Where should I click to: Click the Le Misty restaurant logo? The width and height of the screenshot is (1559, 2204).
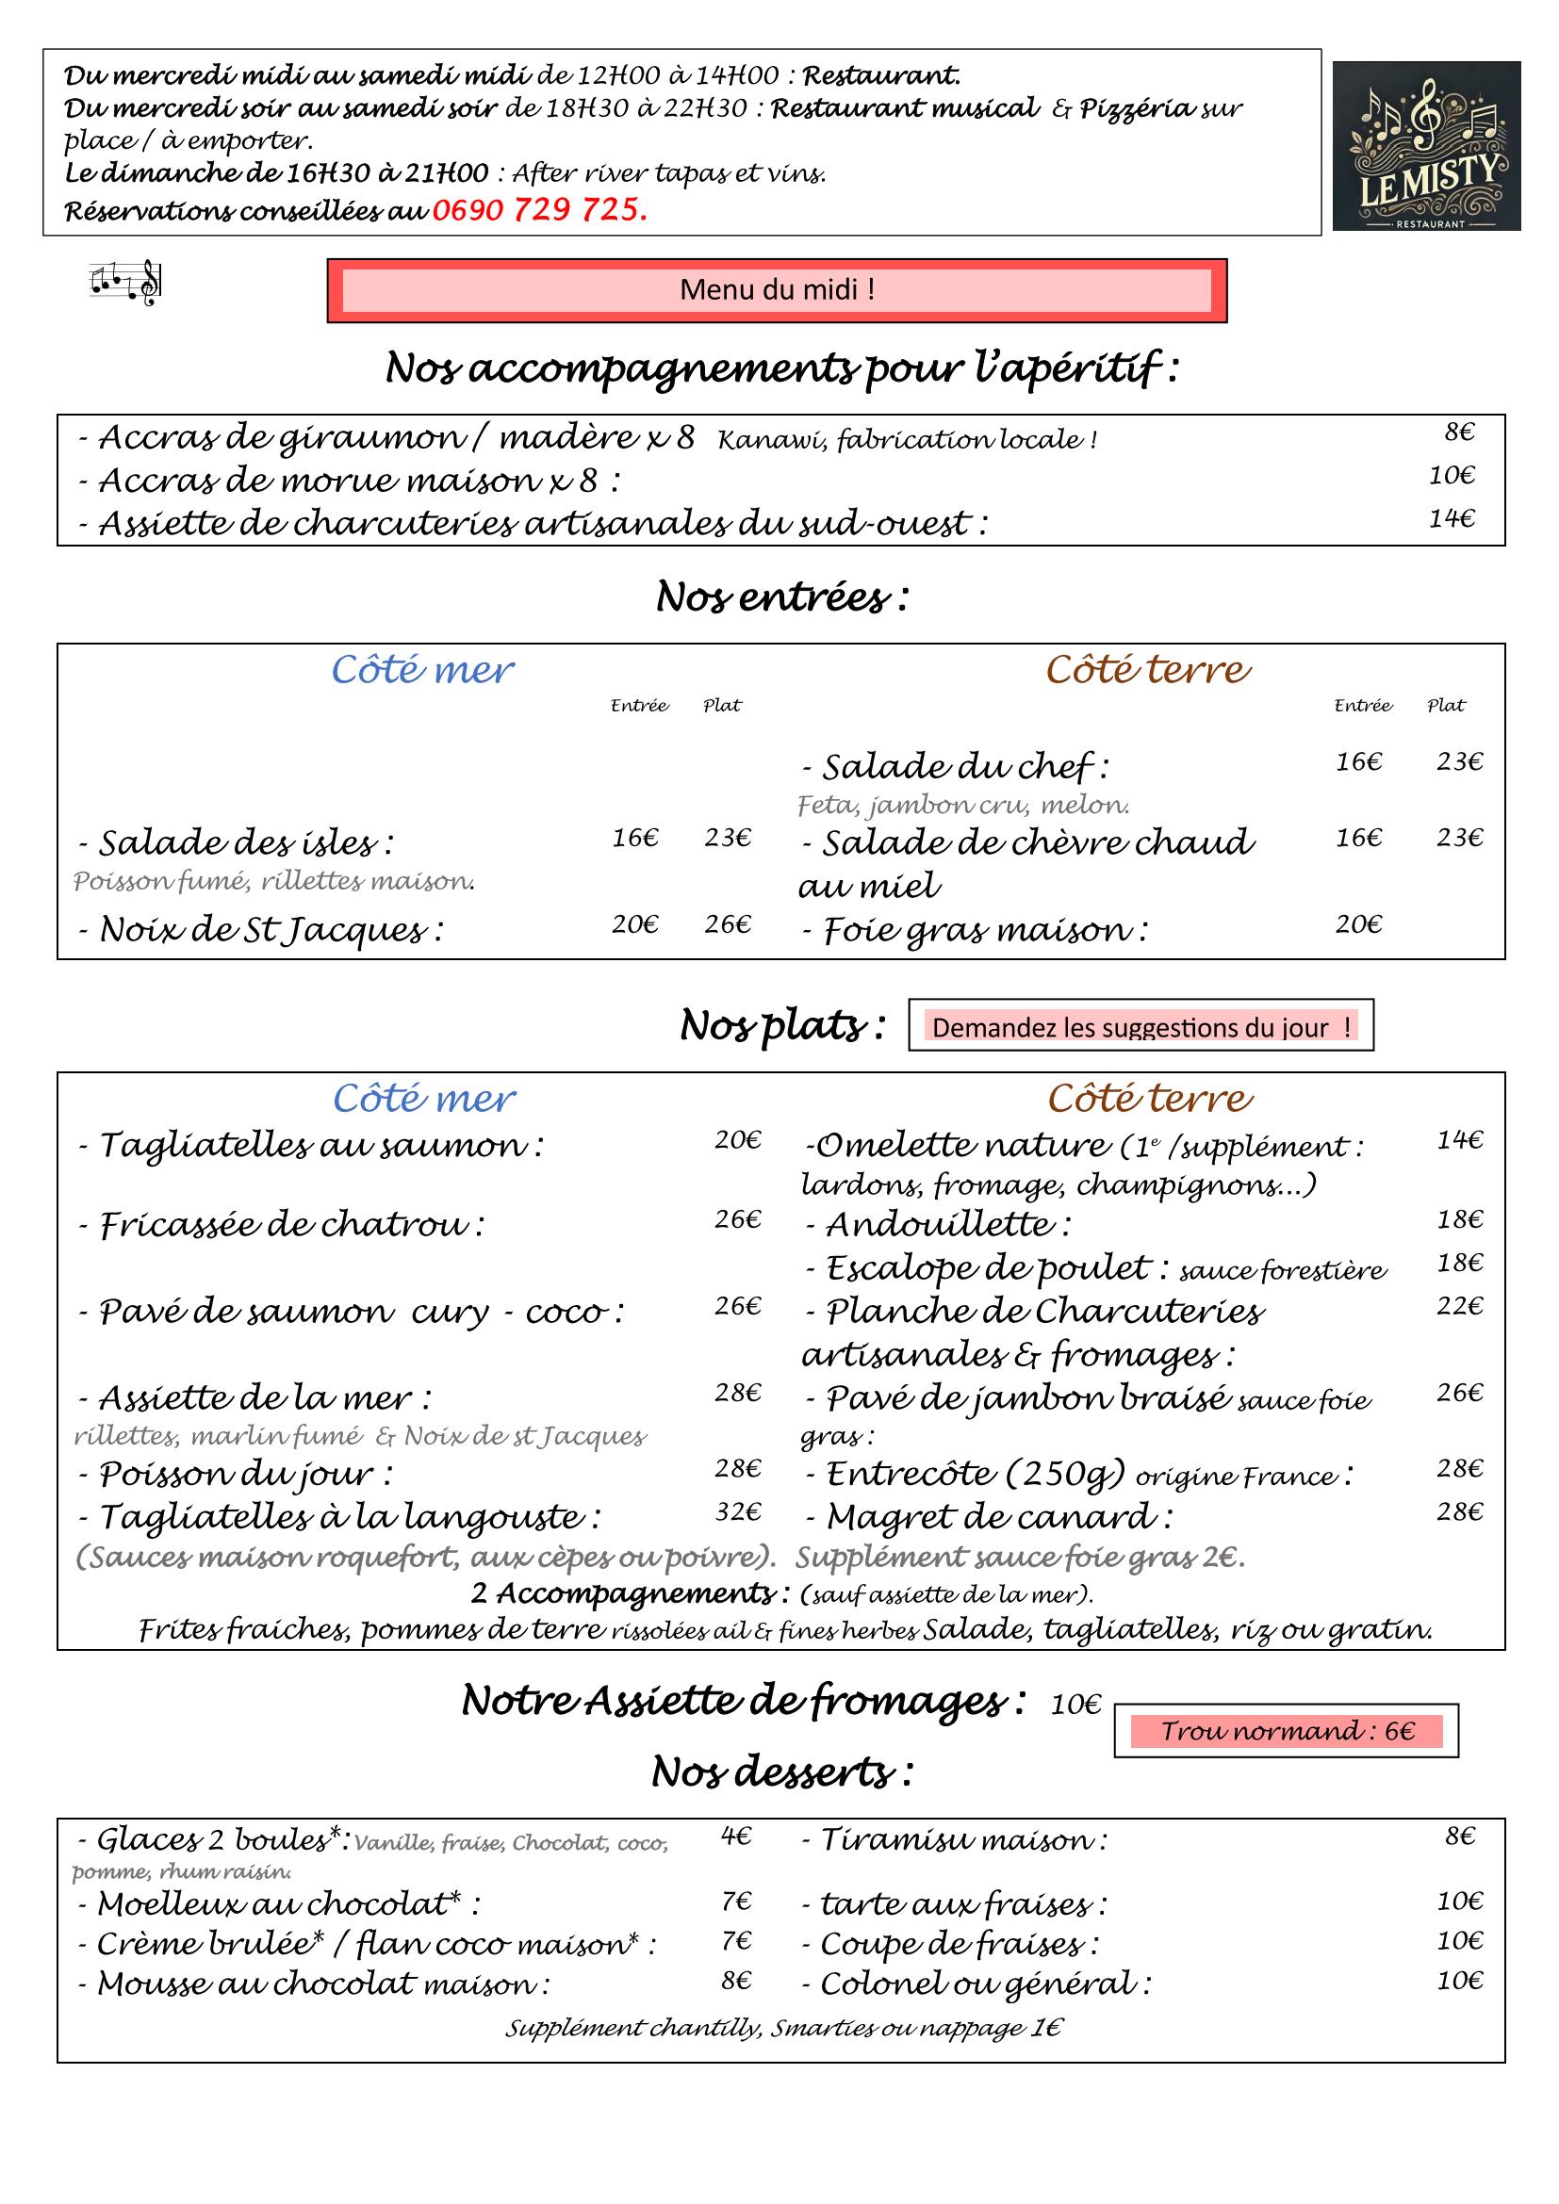pyautogui.click(x=1425, y=146)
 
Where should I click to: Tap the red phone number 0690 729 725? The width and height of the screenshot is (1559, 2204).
pyautogui.click(x=539, y=210)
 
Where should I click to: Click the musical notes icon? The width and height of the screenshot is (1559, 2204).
pyautogui.click(x=125, y=284)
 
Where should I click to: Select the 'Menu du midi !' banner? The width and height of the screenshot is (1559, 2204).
pyautogui.click(x=777, y=290)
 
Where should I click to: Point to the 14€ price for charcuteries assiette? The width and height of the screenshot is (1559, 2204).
pyautogui.click(x=1451, y=519)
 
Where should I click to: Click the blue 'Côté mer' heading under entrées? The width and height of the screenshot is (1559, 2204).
pyautogui.click(x=422, y=670)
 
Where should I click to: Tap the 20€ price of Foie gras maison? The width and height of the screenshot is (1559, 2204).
pyautogui.click(x=1358, y=924)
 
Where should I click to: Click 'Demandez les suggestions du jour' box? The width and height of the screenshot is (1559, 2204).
pyautogui.click(x=1141, y=1027)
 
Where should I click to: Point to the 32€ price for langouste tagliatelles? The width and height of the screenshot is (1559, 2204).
pyautogui.click(x=737, y=1511)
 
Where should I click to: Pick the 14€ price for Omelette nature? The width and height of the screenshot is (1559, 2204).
pyautogui.click(x=1459, y=1140)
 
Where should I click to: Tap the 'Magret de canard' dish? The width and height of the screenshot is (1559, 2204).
pyautogui.click(x=998, y=1517)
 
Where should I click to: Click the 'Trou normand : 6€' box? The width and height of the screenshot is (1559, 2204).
pyautogui.click(x=1286, y=1731)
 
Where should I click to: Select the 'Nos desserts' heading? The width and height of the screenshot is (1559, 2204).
pyautogui.click(x=781, y=1771)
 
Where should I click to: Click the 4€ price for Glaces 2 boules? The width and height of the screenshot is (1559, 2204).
pyautogui.click(x=735, y=1837)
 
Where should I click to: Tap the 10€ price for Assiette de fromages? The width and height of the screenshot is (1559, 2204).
pyautogui.click(x=1075, y=1705)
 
